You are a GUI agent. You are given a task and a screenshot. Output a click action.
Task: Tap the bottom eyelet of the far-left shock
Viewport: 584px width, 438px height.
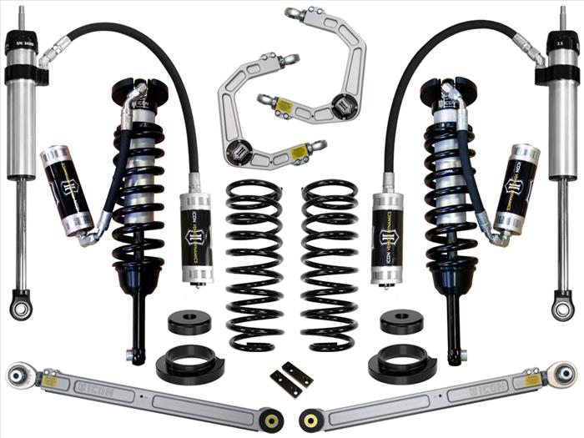tap(20, 306)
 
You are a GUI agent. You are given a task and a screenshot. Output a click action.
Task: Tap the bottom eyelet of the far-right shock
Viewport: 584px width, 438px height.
tap(563, 306)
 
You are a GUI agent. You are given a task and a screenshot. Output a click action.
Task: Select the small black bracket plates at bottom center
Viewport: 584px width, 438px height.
tap(291, 379)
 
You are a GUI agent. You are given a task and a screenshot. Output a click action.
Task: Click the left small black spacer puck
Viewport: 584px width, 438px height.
tap(189, 322)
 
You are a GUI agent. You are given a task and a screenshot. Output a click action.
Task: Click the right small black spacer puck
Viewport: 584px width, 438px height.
tap(400, 322)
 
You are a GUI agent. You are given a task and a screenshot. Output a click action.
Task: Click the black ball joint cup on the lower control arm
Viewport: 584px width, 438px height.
tap(240, 152)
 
